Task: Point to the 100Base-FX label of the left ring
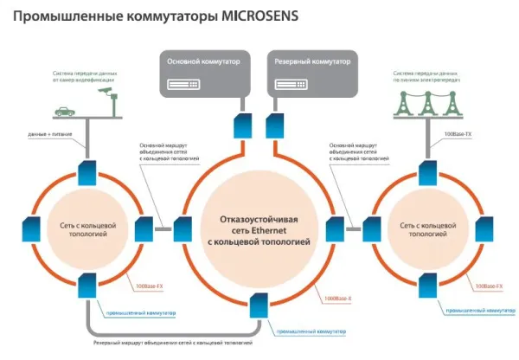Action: pyautogui.click(x=148, y=285)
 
